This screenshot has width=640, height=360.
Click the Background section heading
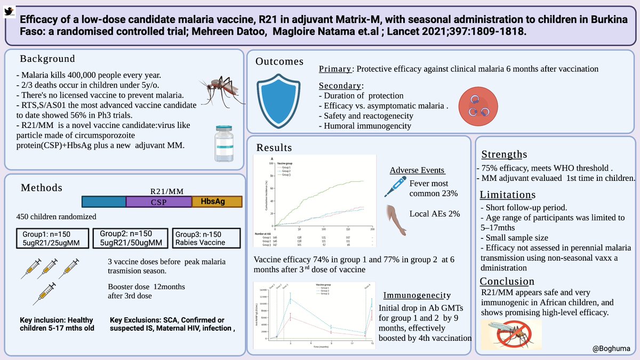tap(47, 59)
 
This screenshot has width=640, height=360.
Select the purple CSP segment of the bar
tap(158, 202)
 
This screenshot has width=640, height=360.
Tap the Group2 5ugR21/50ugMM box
tap(129, 237)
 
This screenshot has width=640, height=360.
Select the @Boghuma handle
tap(611, 348)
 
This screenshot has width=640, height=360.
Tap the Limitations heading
tap(508, 195)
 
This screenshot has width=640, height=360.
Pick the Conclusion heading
tap(507, 281)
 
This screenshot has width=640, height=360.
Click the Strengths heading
tap(504, 155)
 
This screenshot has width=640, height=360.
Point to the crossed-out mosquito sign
tap(510, 334)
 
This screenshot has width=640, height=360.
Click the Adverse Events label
tap(417, 170)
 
